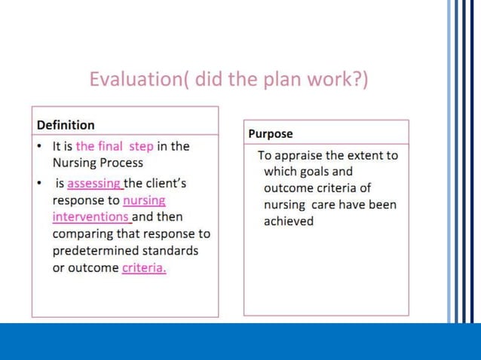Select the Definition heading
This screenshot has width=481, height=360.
[x=66, y=125]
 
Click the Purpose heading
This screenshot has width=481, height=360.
[x=271, y=134]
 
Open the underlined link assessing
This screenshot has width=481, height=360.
[x=94, y=183]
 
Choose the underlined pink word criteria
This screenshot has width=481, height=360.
[x=144, y=268]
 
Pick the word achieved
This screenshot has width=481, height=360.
[x=289, y=221]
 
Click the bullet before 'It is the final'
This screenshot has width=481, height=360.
[x=40, y=146]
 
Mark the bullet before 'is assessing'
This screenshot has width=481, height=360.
[x=40, y=183]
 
